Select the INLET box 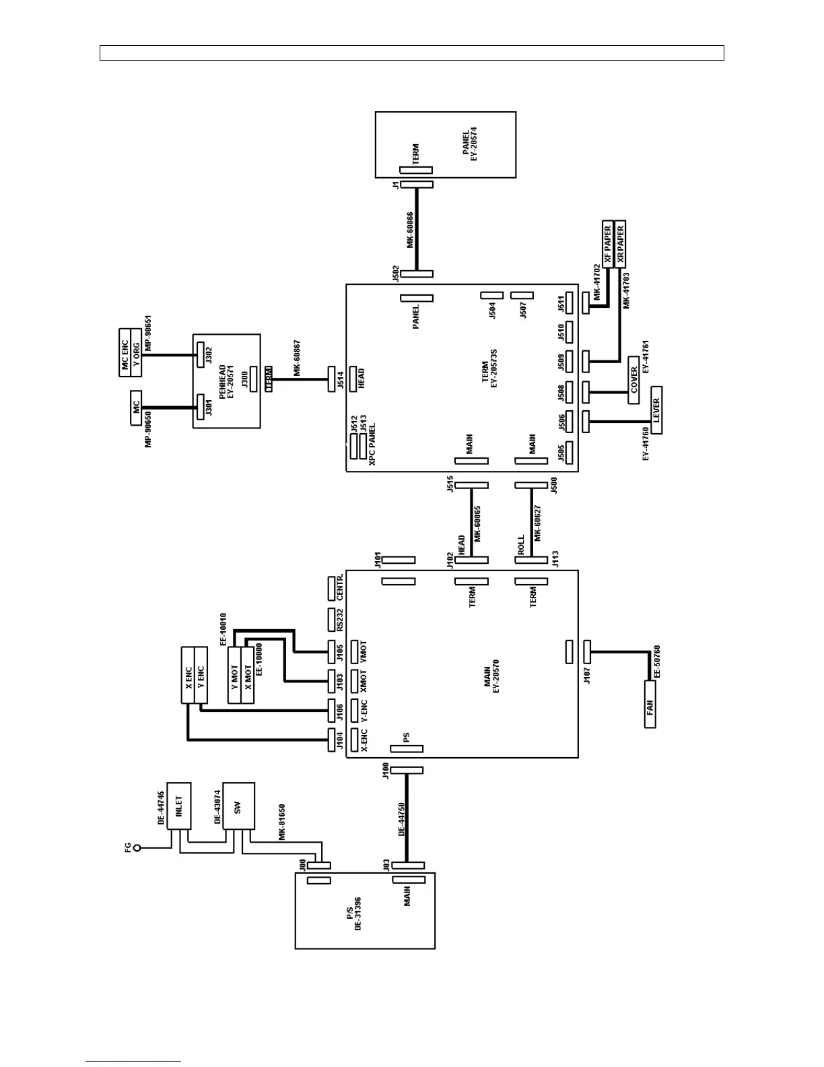click(179, 806)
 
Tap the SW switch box click(238, 806)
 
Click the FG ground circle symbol click(137, 848)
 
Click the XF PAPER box click(608, 244)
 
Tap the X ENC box click(188, 675)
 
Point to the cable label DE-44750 click(402, 818)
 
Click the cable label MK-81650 click(282, 822)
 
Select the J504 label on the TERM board click(492, 310)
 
